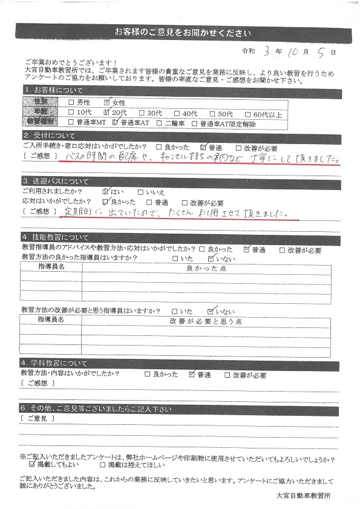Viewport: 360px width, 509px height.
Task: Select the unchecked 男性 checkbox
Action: pyautogui.click(x=73, y=102)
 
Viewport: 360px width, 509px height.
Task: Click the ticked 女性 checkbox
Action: pyautogui.click(x=107, y=102)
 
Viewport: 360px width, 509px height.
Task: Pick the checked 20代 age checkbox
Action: pyautogui.click(x=107, y=112)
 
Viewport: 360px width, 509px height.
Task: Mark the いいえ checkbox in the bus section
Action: pyautogui.click(x=141, y=191)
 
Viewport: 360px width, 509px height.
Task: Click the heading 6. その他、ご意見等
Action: pyautogui.click(x=97, y=409)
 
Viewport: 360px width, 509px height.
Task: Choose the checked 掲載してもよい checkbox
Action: pyautogui.click(x=32, y=465)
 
